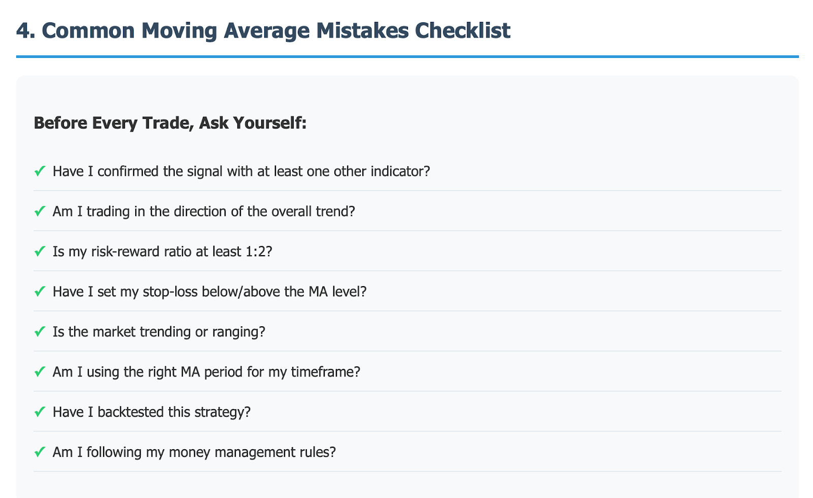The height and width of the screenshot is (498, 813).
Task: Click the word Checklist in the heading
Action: click(x=463, y=30)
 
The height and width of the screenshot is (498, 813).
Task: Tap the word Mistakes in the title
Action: click(x=362, y=30)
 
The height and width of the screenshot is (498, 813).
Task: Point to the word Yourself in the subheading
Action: click(x=270, y=123)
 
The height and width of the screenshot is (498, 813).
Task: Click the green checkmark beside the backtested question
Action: click(x=40, y=412)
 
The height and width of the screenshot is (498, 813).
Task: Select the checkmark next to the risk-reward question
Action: click(x=40, y=251)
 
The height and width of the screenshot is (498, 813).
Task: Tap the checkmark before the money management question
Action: click(x=40, y=452)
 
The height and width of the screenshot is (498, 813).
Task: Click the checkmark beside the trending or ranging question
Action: click(x=40, y=331)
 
